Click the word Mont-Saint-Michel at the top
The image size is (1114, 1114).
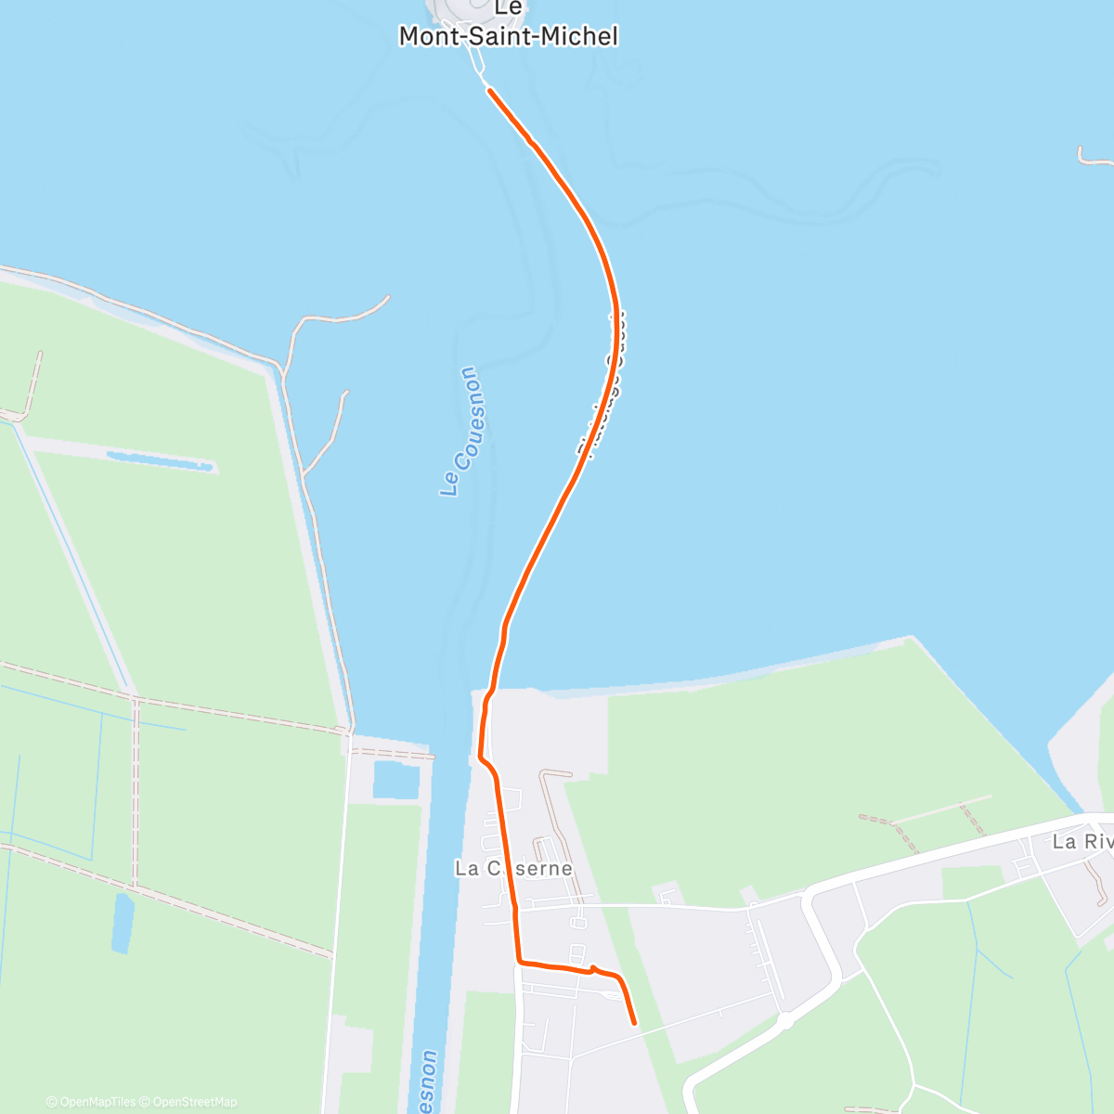tap(508, 36)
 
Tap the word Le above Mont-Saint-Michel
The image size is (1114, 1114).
tap(508, 8)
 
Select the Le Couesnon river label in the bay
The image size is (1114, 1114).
tap(461, 431)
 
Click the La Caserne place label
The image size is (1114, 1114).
tap(513, 868)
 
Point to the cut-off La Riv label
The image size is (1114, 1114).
tap(1082, 842)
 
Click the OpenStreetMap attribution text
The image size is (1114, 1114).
tap(194, 1102)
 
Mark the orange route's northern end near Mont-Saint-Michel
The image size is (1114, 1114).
tap(489, 90)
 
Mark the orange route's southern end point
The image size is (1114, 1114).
tap(635, 1023)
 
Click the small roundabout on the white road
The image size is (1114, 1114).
tap(785, 1021)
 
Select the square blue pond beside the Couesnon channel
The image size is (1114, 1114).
tap(396, 780)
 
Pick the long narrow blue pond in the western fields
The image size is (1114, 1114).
tap(160, 460)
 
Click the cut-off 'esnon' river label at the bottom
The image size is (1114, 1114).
tap(428, 1082)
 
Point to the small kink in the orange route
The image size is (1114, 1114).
tap(593, 969)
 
